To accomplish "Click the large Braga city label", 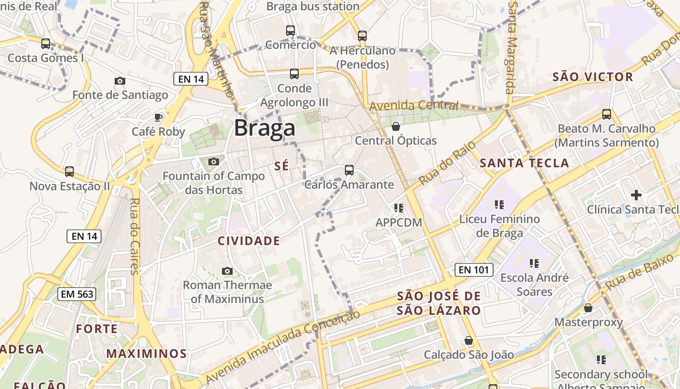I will pyautogui.click(x=264, y=128).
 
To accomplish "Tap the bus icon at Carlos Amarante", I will pyautogui.click(x=349, y=170).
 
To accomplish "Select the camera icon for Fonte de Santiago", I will pyautogui.click(x=120, y=81).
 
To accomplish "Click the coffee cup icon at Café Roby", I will pyautogui.click(x=158, y=117).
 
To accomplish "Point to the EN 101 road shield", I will pyautogui.click(x=474, y=270).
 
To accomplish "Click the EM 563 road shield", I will pyautogui.click(x=77, y=294).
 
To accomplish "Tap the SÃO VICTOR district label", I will pyautogui.click(x=593, y=77).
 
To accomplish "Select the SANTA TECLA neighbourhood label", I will pyautogui.click(x=524, y=163).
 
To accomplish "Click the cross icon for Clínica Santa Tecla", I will pyautogui.click(x=636, y=195).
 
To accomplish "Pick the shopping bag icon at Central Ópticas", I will pyautogui.click(x=396, y=126).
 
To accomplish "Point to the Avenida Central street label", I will pyautogui.click(x=413, y=106).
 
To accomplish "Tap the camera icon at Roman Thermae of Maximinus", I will pyautogui.click(x=227, y=271).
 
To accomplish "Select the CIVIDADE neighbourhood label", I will pyautogui.click(x=249, y=241).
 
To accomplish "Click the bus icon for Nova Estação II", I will pyautogui.click(x=69, y=172).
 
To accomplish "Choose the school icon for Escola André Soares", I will pyautogui.click(x=534, y=264).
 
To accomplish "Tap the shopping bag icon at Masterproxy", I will pyautogui.click(x=588, y=308).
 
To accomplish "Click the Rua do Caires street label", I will pyautogui.click(x=135, y=236).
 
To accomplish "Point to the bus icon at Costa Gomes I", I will pyautogui.click(x=46, y=44).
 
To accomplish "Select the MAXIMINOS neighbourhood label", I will pyautogui.click(x=147, y=354).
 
